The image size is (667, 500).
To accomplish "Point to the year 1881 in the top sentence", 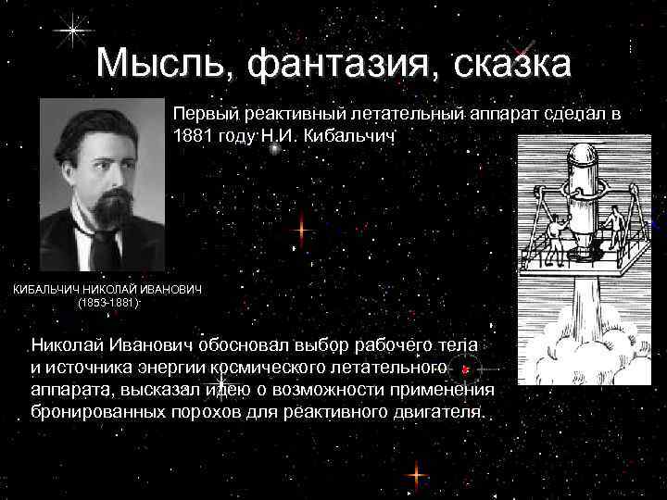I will tap(194, 135).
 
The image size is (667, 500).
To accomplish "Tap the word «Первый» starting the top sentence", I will tap(205, 114).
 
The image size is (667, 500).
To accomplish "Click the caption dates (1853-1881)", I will tap(107, 303).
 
